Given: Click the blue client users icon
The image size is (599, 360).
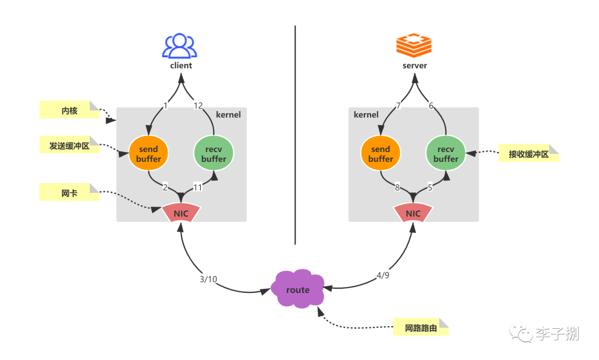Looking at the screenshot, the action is (180, 46).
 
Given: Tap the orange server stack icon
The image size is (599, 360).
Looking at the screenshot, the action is (414, 45).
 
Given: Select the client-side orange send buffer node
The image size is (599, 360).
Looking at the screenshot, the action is (149, 153).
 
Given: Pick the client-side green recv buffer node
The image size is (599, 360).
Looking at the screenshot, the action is (214, 153).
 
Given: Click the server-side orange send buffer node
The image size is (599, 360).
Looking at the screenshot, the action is (381, 153).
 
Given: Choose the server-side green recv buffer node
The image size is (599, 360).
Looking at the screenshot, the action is (446, 153).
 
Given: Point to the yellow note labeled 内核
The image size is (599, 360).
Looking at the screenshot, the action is (69, 110).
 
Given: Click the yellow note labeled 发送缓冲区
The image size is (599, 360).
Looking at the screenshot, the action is (69, 145).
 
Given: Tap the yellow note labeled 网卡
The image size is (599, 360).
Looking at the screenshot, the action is (69, 192).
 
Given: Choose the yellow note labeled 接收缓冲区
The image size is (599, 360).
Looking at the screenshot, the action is (529, 153).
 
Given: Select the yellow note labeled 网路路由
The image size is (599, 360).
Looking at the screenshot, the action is (421, 327).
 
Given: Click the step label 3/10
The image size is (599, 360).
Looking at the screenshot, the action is (208, 280).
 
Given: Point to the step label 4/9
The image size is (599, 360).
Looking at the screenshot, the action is (383, 275).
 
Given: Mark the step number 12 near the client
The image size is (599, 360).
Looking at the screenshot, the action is (198, 105).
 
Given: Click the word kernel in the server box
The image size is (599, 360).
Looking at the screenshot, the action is (366, 115).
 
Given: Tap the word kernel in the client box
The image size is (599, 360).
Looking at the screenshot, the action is (229, 115).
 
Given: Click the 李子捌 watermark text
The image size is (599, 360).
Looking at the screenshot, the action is (557, 333).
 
